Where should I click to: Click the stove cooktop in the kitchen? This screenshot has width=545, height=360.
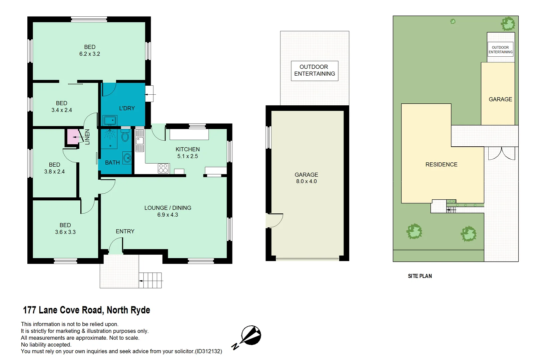tap(163, 168)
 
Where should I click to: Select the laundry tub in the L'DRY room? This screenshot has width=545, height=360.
tap(109, 120)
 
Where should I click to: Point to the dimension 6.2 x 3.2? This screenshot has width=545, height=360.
tap(89, 54)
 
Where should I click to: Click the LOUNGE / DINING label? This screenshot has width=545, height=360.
tap(167, 208)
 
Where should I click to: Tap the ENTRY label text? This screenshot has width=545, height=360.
tap(125, 231)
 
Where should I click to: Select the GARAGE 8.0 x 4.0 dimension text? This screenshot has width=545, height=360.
tap(306, 181)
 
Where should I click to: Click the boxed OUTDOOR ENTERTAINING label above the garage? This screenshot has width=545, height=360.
tap(314, 70)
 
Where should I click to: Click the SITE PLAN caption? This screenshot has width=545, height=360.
tap(420, 276)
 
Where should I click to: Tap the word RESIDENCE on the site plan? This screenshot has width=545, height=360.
tap(441, 165)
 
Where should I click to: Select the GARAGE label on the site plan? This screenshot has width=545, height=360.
tap(500, 99)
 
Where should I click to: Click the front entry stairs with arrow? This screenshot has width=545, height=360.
tap(150, 280)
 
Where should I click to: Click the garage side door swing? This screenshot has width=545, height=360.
tap(275, 220)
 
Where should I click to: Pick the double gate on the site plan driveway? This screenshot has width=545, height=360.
tap(502, 153)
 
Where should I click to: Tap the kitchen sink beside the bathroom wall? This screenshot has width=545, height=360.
tap(139, 140)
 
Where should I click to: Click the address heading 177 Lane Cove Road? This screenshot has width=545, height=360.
tap(86, 310)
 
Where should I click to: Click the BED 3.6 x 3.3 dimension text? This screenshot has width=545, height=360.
tap(65, 232)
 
